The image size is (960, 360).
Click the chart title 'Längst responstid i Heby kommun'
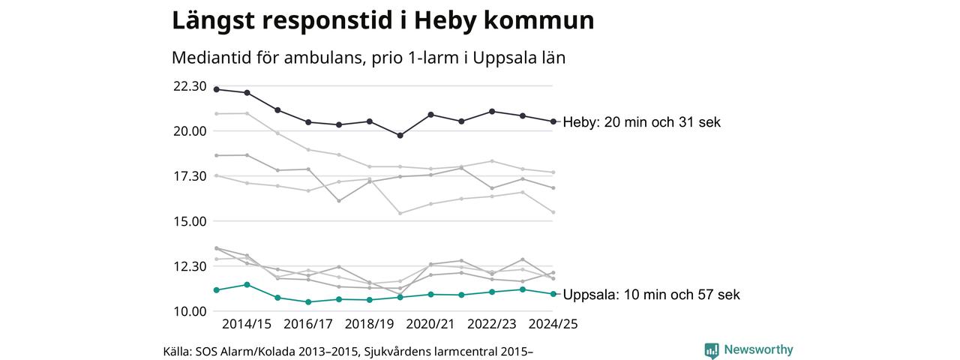point(382,21)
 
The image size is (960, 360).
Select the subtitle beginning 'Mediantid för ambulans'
point(368,58)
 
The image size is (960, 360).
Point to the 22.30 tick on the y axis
point(190,86)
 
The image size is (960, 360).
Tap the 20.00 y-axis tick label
point(190,131)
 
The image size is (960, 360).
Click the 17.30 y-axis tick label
point(190,176)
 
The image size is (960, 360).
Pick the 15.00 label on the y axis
point(190,221)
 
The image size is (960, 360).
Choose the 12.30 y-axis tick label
point(190,266)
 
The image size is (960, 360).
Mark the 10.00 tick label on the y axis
point(190,311)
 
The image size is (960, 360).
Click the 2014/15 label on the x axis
point(247,324)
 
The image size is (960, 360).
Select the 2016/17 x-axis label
point(308,324)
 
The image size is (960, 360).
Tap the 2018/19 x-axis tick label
point(369,324)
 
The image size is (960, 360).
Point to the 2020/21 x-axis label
point(430,324)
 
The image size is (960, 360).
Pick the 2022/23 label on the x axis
point(492,324)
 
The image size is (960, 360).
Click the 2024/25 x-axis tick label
point(553,324)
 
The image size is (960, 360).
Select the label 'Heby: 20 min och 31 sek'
point(641,122)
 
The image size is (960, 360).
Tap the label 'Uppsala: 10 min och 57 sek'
point(651,295)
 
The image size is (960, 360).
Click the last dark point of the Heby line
point(553,121)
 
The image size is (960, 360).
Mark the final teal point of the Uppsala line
point(553,294)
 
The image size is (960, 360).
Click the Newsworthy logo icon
point(711,350)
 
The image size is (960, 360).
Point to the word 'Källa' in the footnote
point(177,351)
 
